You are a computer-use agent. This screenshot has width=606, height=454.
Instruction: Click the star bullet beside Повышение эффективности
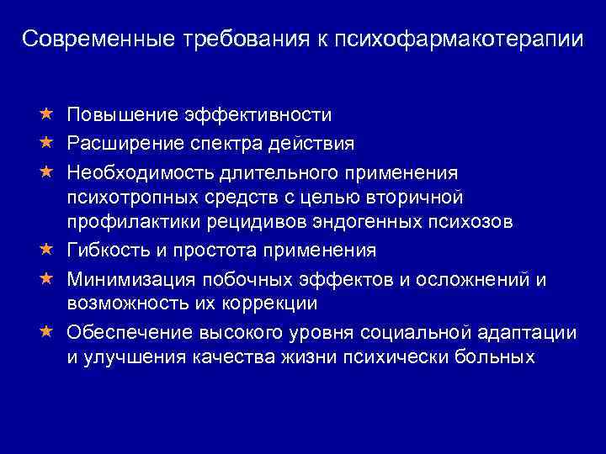pyautogui.click(x=47, y=113)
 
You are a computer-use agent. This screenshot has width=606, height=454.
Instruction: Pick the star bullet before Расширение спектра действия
pyautogui.click(x=47, y=140)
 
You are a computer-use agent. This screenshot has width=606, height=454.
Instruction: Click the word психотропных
pyautogui.click(x=132, y=197)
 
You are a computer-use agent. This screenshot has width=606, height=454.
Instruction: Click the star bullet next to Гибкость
pyautogui.click(x=47, y=250)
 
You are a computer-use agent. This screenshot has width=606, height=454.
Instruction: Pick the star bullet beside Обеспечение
pyautogui.click(x=47, y=330)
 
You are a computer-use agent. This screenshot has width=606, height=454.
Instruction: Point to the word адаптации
pyautogui.click(x=529, y=332)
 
